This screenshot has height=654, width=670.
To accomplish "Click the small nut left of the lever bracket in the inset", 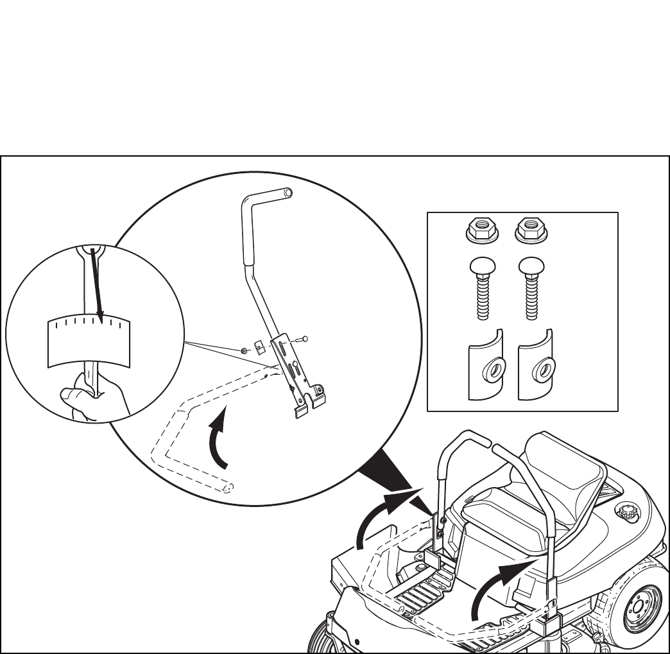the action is (246, 352).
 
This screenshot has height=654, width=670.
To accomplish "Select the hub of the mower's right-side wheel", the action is (638, 607).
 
